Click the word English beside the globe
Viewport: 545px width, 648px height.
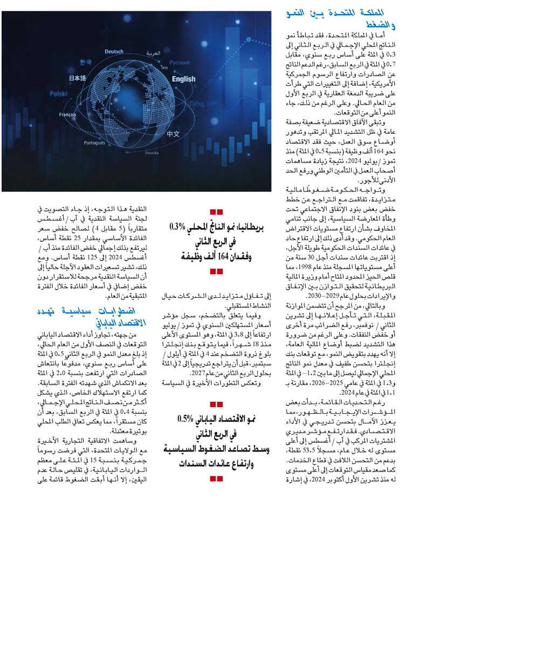[184, 79]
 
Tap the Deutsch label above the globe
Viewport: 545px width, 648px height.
[114, 52]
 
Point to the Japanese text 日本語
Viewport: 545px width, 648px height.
[78, 79]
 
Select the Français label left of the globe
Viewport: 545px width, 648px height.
[68, 115]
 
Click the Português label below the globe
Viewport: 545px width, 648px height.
[94, 143]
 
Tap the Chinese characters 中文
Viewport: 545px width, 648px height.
[173, 134]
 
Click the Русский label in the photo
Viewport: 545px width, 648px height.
[180, 63]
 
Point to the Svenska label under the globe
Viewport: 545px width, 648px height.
[152, 153]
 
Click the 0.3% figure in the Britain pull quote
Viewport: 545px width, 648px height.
[178, 227]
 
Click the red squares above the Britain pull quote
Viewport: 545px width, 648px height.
[216, 212]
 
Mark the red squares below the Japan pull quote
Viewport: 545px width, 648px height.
[216, 479]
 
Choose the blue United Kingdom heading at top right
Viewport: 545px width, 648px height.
[342, 19]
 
